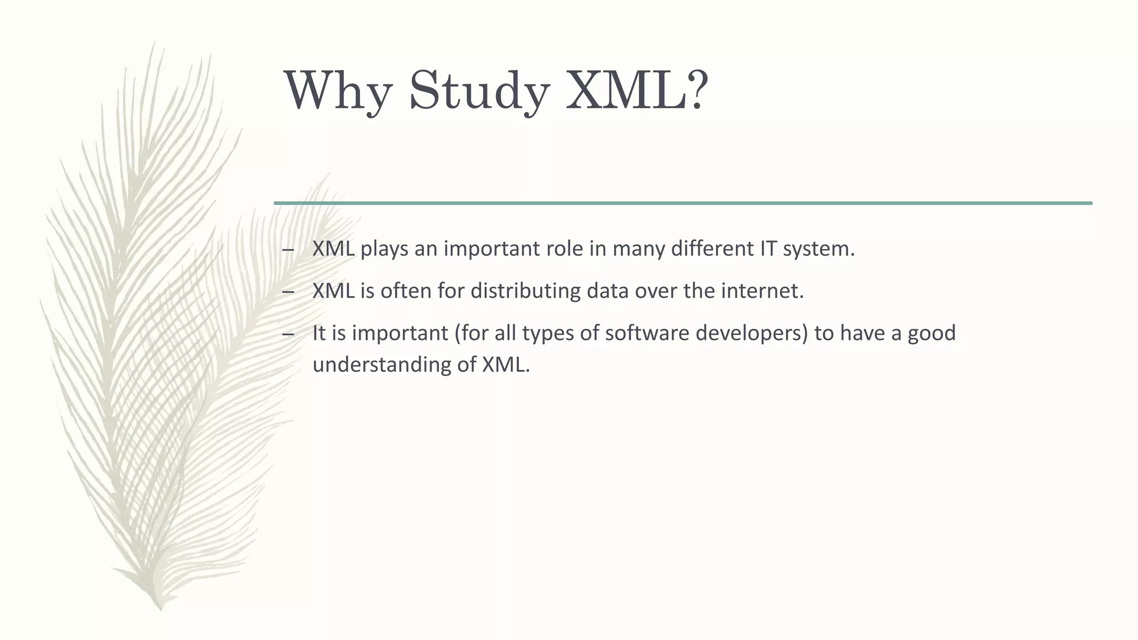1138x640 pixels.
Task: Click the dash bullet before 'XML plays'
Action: click(288, 250)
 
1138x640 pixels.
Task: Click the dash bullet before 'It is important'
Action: click(288, 334)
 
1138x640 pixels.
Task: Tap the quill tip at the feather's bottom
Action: click(160, 608)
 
